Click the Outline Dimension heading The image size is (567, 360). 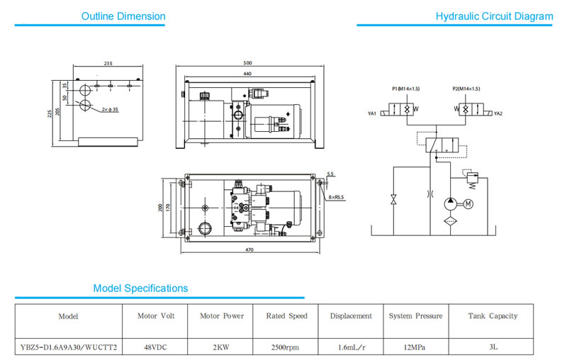123,16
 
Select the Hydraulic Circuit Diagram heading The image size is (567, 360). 494,16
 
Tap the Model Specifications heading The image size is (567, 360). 140,288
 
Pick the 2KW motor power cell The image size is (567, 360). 220,347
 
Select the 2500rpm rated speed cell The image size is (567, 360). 286,347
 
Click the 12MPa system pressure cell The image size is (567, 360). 415,347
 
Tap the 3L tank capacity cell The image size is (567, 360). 493,347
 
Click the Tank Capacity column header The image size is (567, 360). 493,316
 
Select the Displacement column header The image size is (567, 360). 350,316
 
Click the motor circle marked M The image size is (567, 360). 468,204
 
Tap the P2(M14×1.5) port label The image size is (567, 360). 466,89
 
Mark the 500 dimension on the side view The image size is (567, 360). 248,63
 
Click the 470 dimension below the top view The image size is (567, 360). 249,250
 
